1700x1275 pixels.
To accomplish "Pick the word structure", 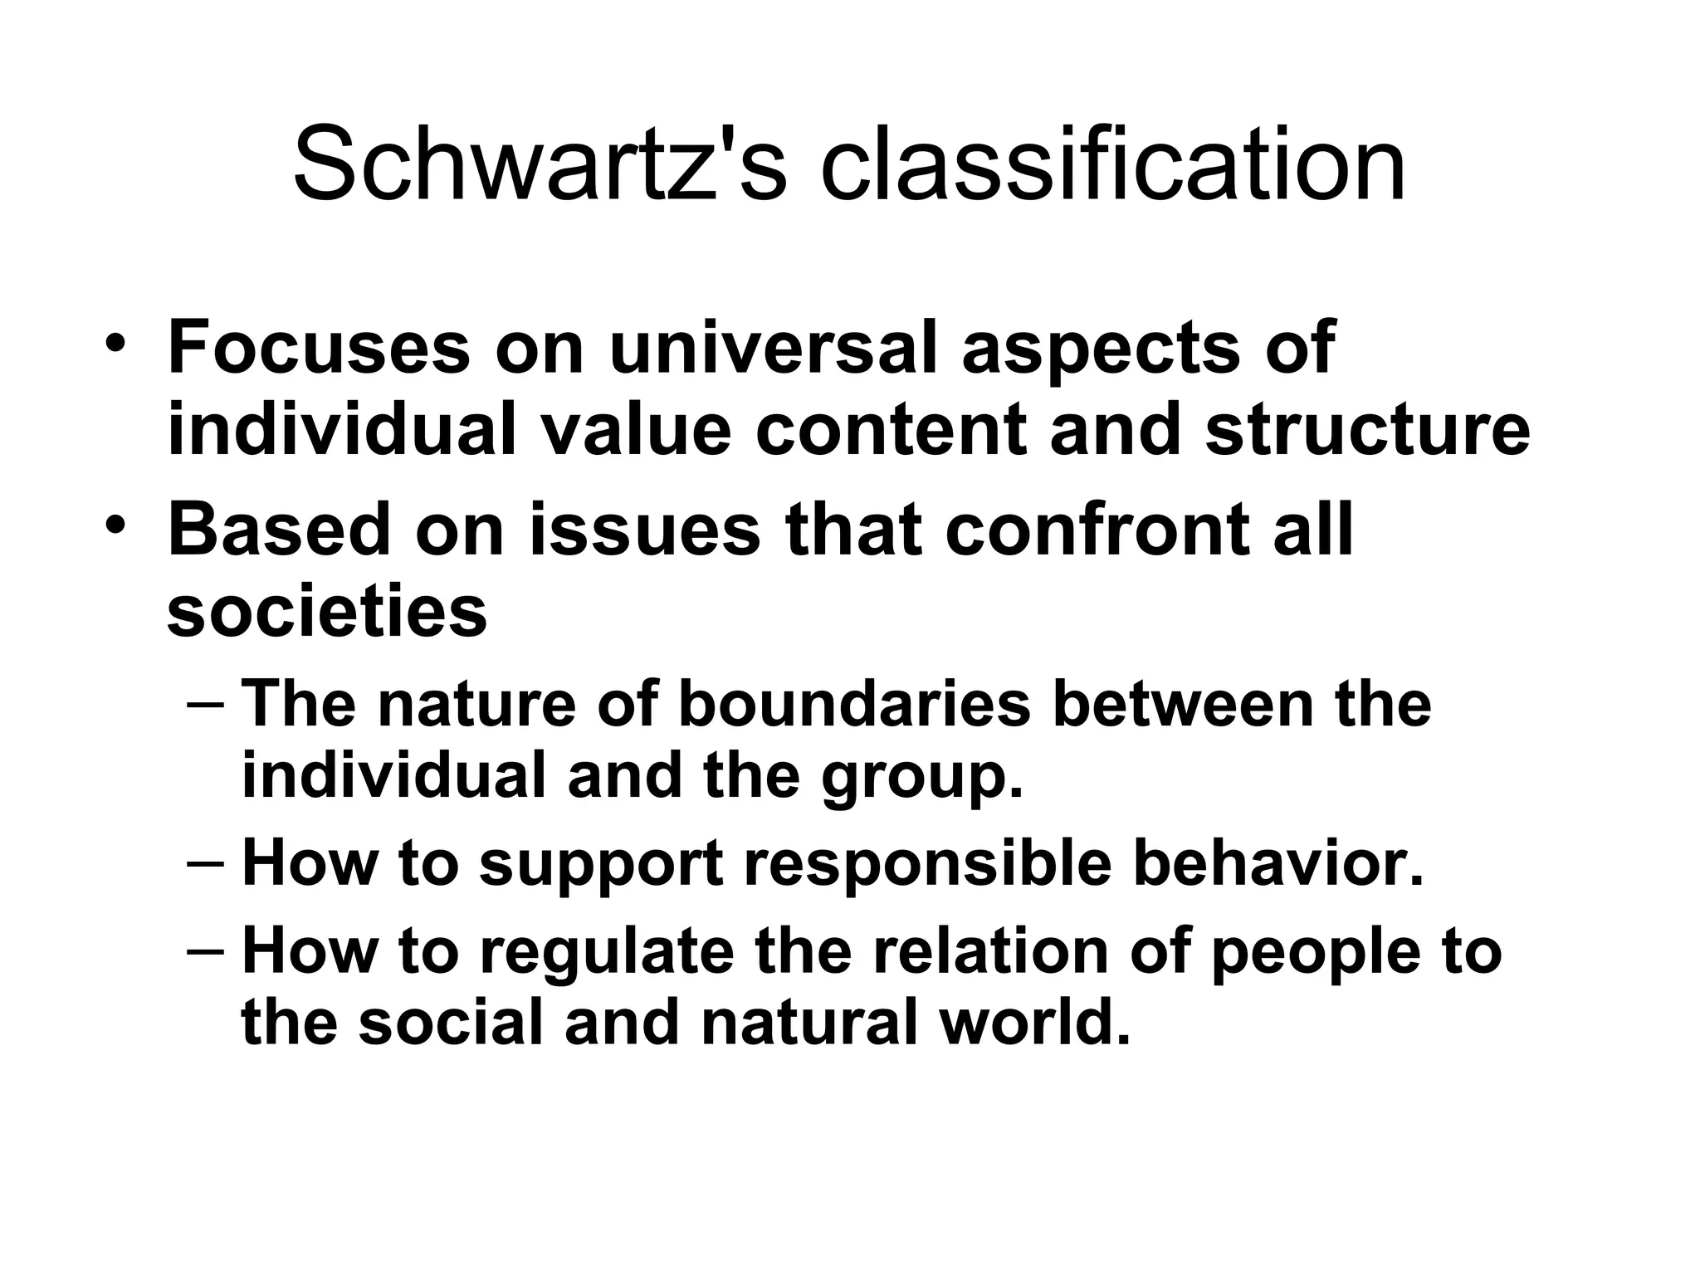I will tap(1367, 431).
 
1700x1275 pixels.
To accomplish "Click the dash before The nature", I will tap(205, 706).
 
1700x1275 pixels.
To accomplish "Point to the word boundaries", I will tap(854, 704).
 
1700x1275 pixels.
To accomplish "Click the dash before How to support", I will tap(205, 864).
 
